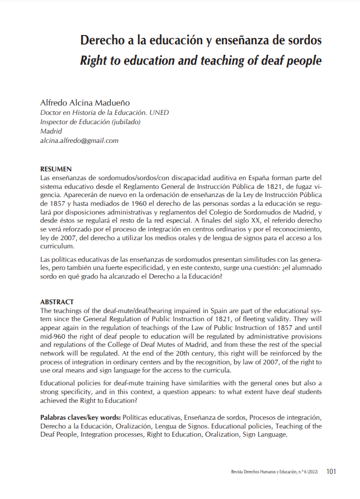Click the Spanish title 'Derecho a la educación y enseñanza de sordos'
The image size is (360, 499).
coord(201,41)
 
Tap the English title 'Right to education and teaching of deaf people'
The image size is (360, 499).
coord(201,60)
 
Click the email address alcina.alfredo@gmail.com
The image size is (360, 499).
coord(79,140)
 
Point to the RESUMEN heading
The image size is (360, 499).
coord(56,168)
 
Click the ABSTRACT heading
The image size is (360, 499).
coord(57,302)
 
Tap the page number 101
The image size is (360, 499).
coord(331,472)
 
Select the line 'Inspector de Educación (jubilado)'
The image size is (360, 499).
coord(90,122)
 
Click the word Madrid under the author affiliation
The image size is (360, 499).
coord(50,131)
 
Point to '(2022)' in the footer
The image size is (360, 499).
coord(313,472)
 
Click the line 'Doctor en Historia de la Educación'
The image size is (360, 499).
coord(93,113)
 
